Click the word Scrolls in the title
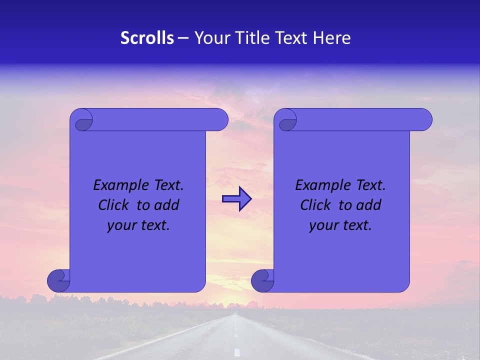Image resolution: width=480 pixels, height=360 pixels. coord(147,38)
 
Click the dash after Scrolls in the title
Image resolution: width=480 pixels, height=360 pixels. coord(183,38)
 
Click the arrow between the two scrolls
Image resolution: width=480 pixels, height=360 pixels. coord(236,199)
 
